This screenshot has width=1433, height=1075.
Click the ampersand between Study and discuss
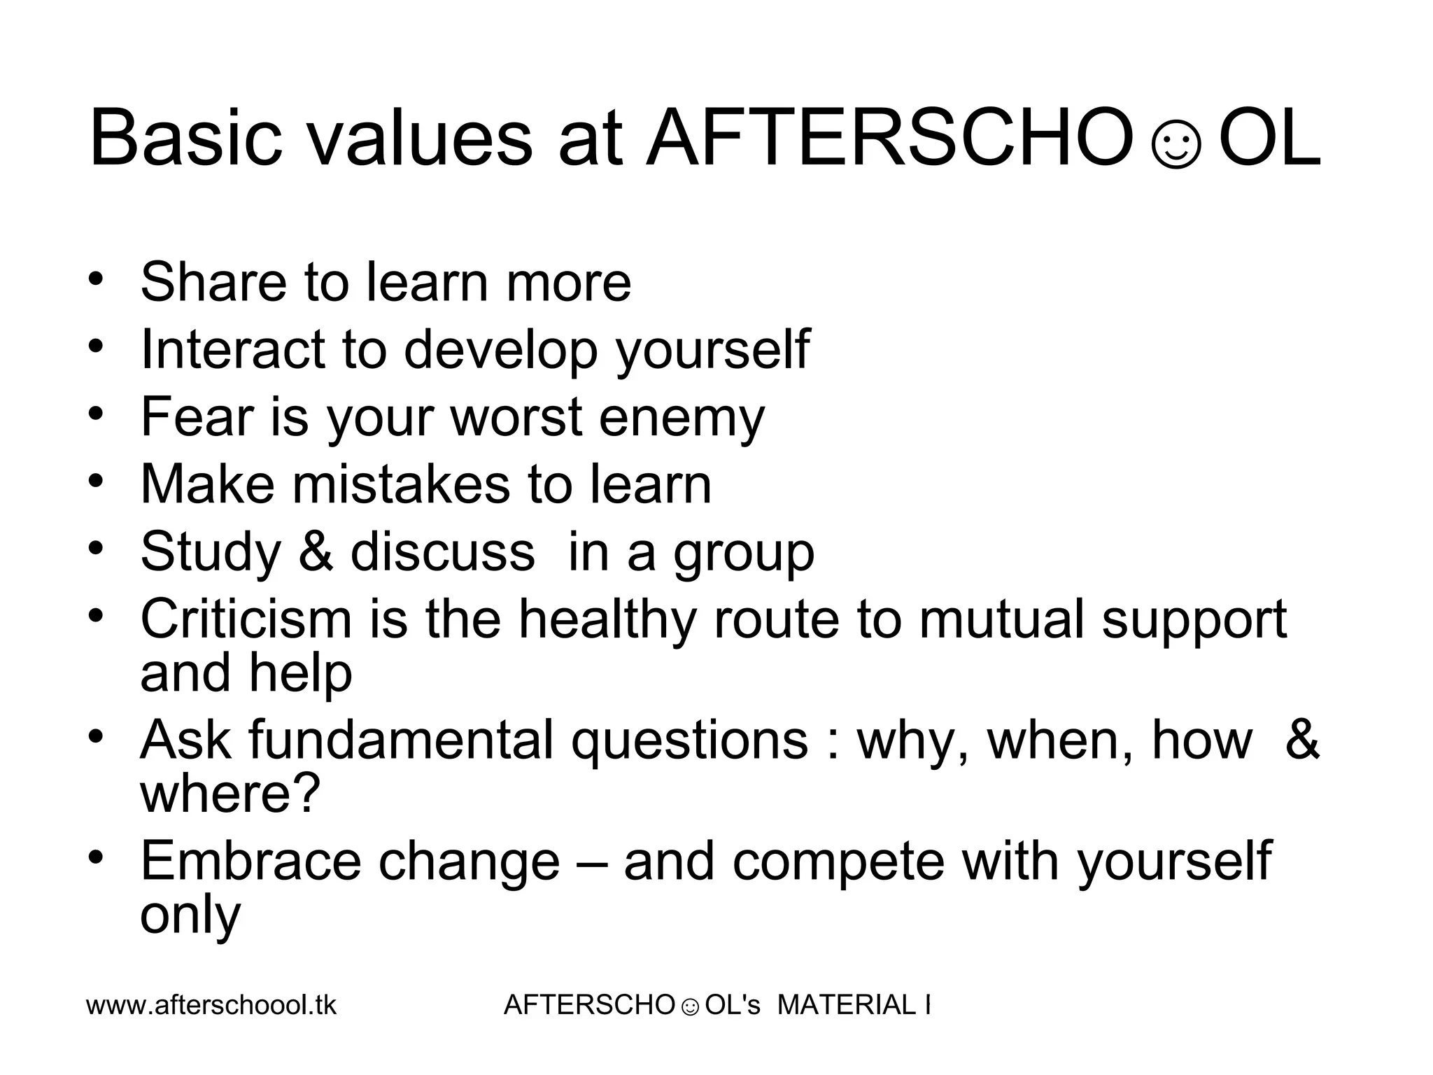(x=316, y=551)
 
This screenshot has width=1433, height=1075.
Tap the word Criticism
(x=245, y=619)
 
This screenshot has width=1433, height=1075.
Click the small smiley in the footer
(x=689, y=1007)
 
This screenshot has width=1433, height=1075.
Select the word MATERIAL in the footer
(x=847, y=1005)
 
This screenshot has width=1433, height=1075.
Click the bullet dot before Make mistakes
(x=97, y=482)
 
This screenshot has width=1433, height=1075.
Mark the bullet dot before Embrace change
(x=97, y=858)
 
